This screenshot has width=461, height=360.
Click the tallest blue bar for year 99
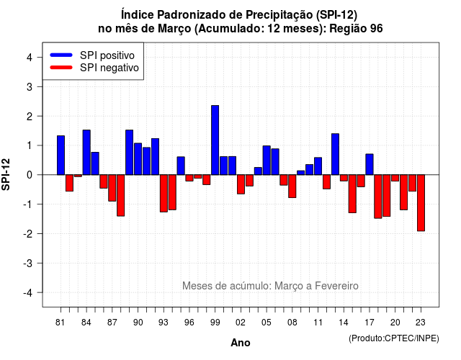coord(215,140)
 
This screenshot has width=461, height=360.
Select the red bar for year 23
coord(421,203)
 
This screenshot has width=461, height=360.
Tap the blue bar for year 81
coord(61,156)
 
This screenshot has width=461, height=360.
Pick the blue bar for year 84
coord(86,152)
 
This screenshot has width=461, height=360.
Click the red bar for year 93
coord(164,194)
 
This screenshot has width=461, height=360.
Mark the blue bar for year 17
coord(370,164)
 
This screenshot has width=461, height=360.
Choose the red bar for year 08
coord(292,186)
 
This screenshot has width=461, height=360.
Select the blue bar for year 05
coord(267,160)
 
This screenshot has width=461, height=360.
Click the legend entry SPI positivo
coord(107,55)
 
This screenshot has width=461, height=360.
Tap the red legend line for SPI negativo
coord(61,68)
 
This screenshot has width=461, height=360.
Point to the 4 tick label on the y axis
coord(30,58)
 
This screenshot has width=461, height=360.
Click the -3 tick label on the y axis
coord(28,264)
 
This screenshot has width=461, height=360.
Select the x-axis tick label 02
coord(241,323)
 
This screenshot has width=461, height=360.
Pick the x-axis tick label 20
coord(395,323)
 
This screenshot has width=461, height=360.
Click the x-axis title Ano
coord(241,343)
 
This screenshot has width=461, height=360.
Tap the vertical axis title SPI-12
coord(6,174)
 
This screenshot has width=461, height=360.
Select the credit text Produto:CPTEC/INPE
coord(394,338)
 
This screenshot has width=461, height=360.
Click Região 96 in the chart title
coord(356,29)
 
